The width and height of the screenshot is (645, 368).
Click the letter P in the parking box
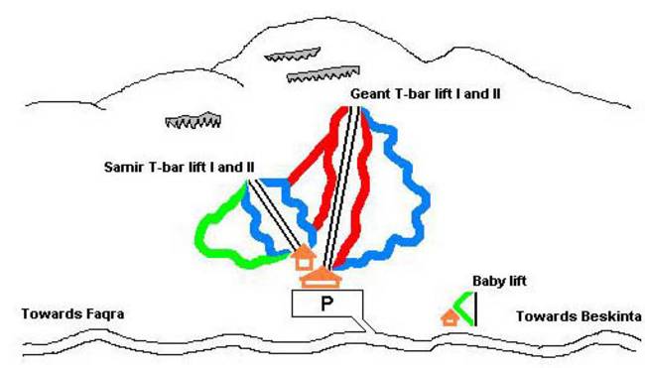click(326, 304)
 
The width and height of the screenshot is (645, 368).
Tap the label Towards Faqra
click(72, 314)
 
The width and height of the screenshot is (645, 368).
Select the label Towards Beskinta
click(579, 316)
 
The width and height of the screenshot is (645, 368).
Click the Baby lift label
click(499, 282)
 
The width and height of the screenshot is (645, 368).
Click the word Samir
click(124, 168)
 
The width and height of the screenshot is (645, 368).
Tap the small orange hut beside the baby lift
click(451, 317)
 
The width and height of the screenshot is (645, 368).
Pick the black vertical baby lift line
click(475, 308)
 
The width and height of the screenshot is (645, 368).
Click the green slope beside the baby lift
click(464, 308)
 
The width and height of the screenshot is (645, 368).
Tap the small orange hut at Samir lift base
click(304, 257)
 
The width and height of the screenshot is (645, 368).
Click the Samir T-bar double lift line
click(274, 214)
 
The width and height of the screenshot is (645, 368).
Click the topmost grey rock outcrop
click(292, 55)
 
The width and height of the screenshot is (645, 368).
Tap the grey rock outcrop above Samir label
click(193, 120)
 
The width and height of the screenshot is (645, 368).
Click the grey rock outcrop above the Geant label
click(322, 74)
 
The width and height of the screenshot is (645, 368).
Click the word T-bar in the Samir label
click(166, 168)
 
